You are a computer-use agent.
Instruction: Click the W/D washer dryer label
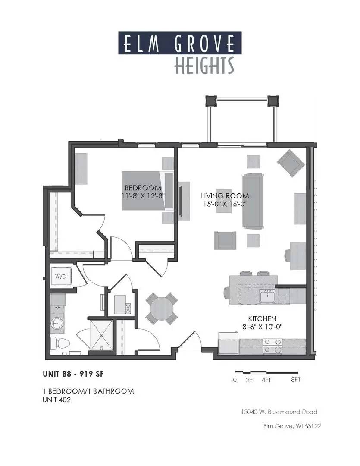[x=61, y=277]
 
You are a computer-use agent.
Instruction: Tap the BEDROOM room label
[x=143, y=188]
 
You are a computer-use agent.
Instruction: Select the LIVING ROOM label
[x=225, y=195]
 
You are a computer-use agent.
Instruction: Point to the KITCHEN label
[x=262, y=318]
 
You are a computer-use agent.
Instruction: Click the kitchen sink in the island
[x=268, y=296]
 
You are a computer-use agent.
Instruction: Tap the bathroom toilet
[x=59, y=343]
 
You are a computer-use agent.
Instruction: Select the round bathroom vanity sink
[x=56, y=322]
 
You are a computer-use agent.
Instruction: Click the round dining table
[x=162, y=308]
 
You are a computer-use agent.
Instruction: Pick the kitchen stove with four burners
[x=272, y=346]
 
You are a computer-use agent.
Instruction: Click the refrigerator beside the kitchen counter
[x=228, y=343]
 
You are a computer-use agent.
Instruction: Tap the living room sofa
[x=253, y=201]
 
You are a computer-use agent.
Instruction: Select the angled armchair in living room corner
[x=291, y=163]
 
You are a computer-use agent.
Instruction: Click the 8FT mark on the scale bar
[x=296, y=380]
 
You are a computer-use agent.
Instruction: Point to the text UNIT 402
[x=56, y=400]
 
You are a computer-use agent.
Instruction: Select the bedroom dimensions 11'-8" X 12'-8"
[x=143, y=196]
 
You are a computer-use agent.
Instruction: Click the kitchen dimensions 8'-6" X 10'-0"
[x=262, y=327]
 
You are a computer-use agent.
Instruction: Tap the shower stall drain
[x=102, y=335]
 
